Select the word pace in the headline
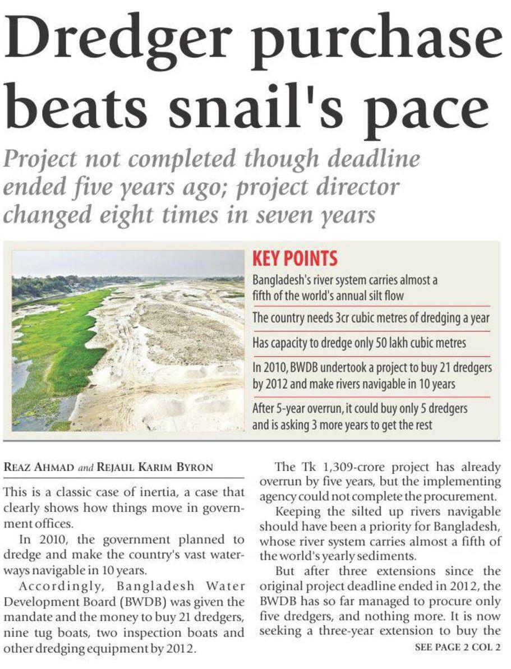(x=426, y=109)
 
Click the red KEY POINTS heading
(x=294, y=259)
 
